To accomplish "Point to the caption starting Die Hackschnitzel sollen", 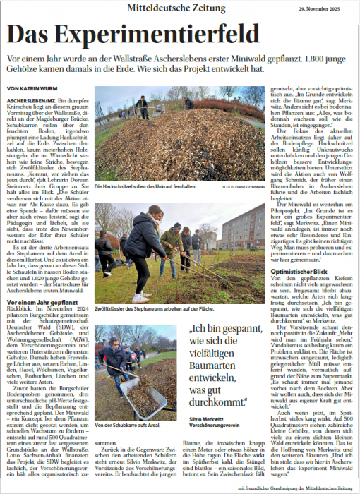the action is pos(141,186).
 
